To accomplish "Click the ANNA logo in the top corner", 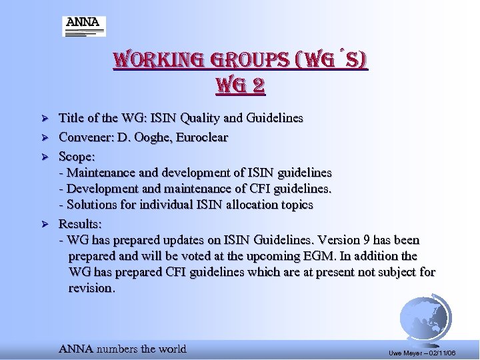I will click(x=84, y=27).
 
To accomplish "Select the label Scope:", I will click(x=77, y=157).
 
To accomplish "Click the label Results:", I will click(x=80, y=223).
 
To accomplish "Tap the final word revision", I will click(x=91, y=288).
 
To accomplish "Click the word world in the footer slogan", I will click(x=172, y=349).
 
